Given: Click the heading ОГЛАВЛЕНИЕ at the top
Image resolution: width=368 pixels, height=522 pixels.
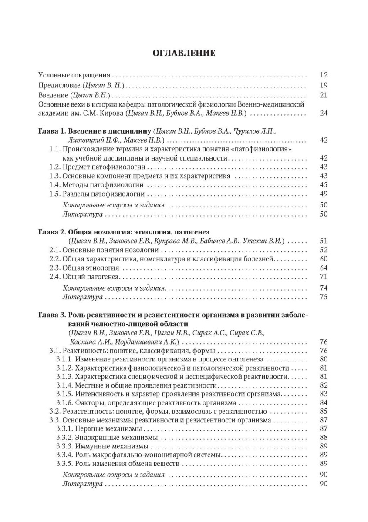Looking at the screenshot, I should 184,54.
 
